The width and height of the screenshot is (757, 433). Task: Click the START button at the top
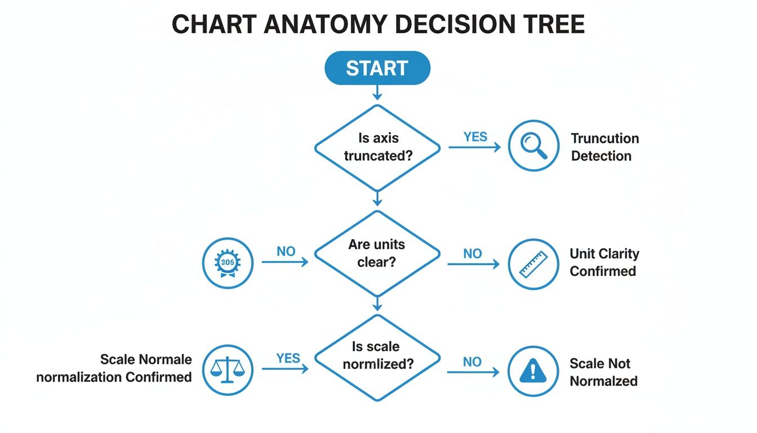click(x=377, y=68)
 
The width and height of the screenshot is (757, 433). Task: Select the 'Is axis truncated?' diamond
click(x=377, y=147)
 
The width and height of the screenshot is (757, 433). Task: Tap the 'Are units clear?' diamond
click(x=377, y=253)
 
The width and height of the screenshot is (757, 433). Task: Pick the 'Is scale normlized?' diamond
click(x=377, y=356)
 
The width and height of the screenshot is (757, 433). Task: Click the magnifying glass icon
click(x=533, y=146)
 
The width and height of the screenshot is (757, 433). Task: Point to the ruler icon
click(x=533, y=264)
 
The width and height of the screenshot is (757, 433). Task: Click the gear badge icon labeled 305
click(x=228, y=263)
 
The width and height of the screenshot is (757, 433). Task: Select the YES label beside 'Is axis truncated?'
click(x=476, y=137)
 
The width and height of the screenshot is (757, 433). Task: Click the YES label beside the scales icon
click(x=288, y=358)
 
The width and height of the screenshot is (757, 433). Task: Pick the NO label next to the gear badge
click(x=286, y=251)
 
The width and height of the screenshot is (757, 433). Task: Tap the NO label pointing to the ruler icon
click(x=473, y=254)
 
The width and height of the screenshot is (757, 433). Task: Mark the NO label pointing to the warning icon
click(x=473, y=361)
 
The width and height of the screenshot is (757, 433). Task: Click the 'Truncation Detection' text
click(x=604, y=147)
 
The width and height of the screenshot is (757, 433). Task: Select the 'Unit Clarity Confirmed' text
click(x=604, y=263)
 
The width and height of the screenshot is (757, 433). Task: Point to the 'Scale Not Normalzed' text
click(x=603, y=372)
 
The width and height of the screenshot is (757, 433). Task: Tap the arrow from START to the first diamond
click(x=377, y=92)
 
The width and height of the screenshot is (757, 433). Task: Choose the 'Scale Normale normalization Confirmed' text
click(x=114, y=368)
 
